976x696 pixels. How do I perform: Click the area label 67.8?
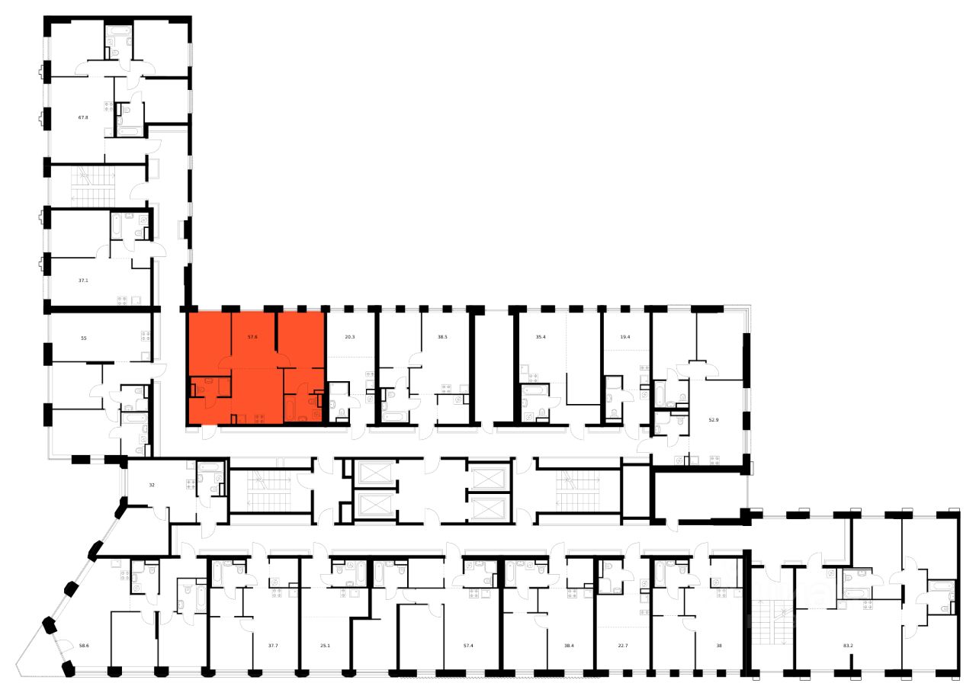point(83,117)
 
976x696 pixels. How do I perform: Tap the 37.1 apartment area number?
point(83,280)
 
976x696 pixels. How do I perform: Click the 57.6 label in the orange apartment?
point(254,335)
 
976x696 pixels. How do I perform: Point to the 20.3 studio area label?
point(349,335)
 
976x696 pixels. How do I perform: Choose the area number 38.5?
point(441,335)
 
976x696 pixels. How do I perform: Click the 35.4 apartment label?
point(543,335)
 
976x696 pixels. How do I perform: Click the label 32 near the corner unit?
point(151,484)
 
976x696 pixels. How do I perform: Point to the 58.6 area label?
point(83,645)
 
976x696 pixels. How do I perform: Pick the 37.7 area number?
point(273,645)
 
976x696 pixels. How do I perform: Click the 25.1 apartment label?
point(325,645)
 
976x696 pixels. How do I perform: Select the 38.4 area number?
point(569,645)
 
